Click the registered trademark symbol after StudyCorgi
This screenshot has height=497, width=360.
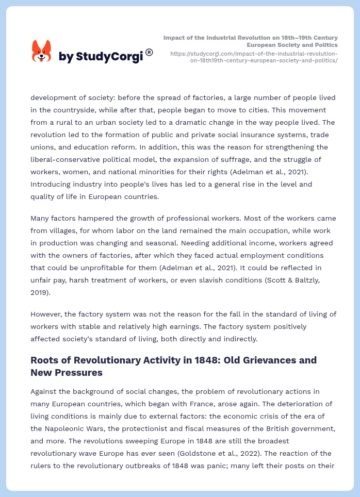(149, 52)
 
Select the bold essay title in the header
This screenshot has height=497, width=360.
(251, 41)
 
